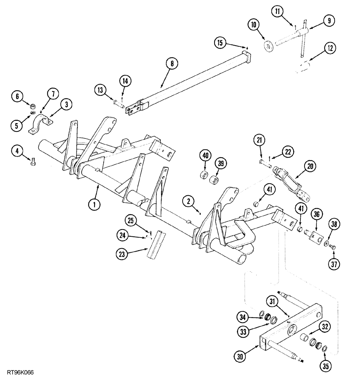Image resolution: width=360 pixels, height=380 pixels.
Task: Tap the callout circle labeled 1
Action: pos(94,204)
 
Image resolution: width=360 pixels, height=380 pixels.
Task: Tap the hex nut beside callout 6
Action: pos(33,104)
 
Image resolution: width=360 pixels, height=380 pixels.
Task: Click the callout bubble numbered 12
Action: pos(330,48)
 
